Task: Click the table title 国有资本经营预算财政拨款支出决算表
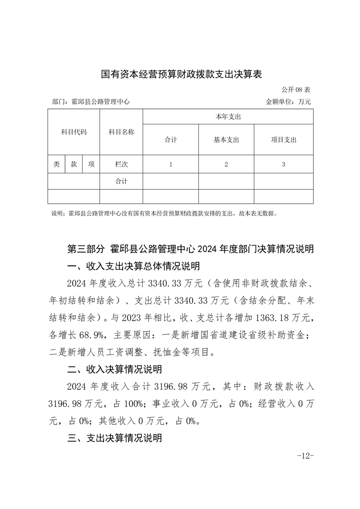(x=182, y=74)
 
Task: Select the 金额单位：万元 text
(x=288, y=102)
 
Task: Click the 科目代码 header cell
(x=74, y=132)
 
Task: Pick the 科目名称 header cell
(x=121, y=132)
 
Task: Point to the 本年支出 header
(x=228, y=117)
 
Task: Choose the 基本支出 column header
(x=226, y=140)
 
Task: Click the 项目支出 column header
(x=283, y=140)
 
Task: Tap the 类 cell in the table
(x=56, y=164)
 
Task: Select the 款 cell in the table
(x=74, y=164)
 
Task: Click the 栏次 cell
(x=121, y=164)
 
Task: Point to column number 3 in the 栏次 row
(x=283, y=164)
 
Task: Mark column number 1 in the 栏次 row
(x=171, y=164)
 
